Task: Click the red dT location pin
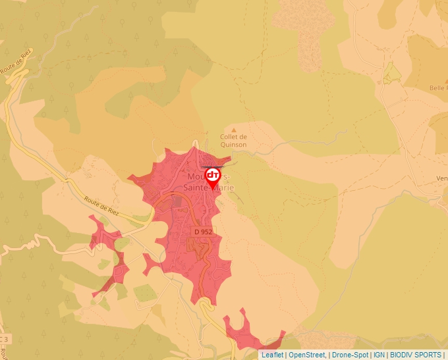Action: point(213,176)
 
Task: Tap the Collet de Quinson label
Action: point(233,141)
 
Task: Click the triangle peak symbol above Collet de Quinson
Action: point(233,130)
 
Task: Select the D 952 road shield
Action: point(202,232)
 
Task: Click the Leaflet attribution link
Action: point(272,355)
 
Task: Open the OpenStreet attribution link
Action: point(307,355)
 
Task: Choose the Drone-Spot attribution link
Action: point(350,355)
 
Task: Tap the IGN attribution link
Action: point(379,355)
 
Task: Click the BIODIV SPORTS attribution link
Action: point(416,355)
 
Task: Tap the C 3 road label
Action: point(4,339)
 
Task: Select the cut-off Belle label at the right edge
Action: point(437,88)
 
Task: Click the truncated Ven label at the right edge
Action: point(441,178)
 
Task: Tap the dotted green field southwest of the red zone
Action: point(146,293)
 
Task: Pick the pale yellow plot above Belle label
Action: point(392,74)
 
